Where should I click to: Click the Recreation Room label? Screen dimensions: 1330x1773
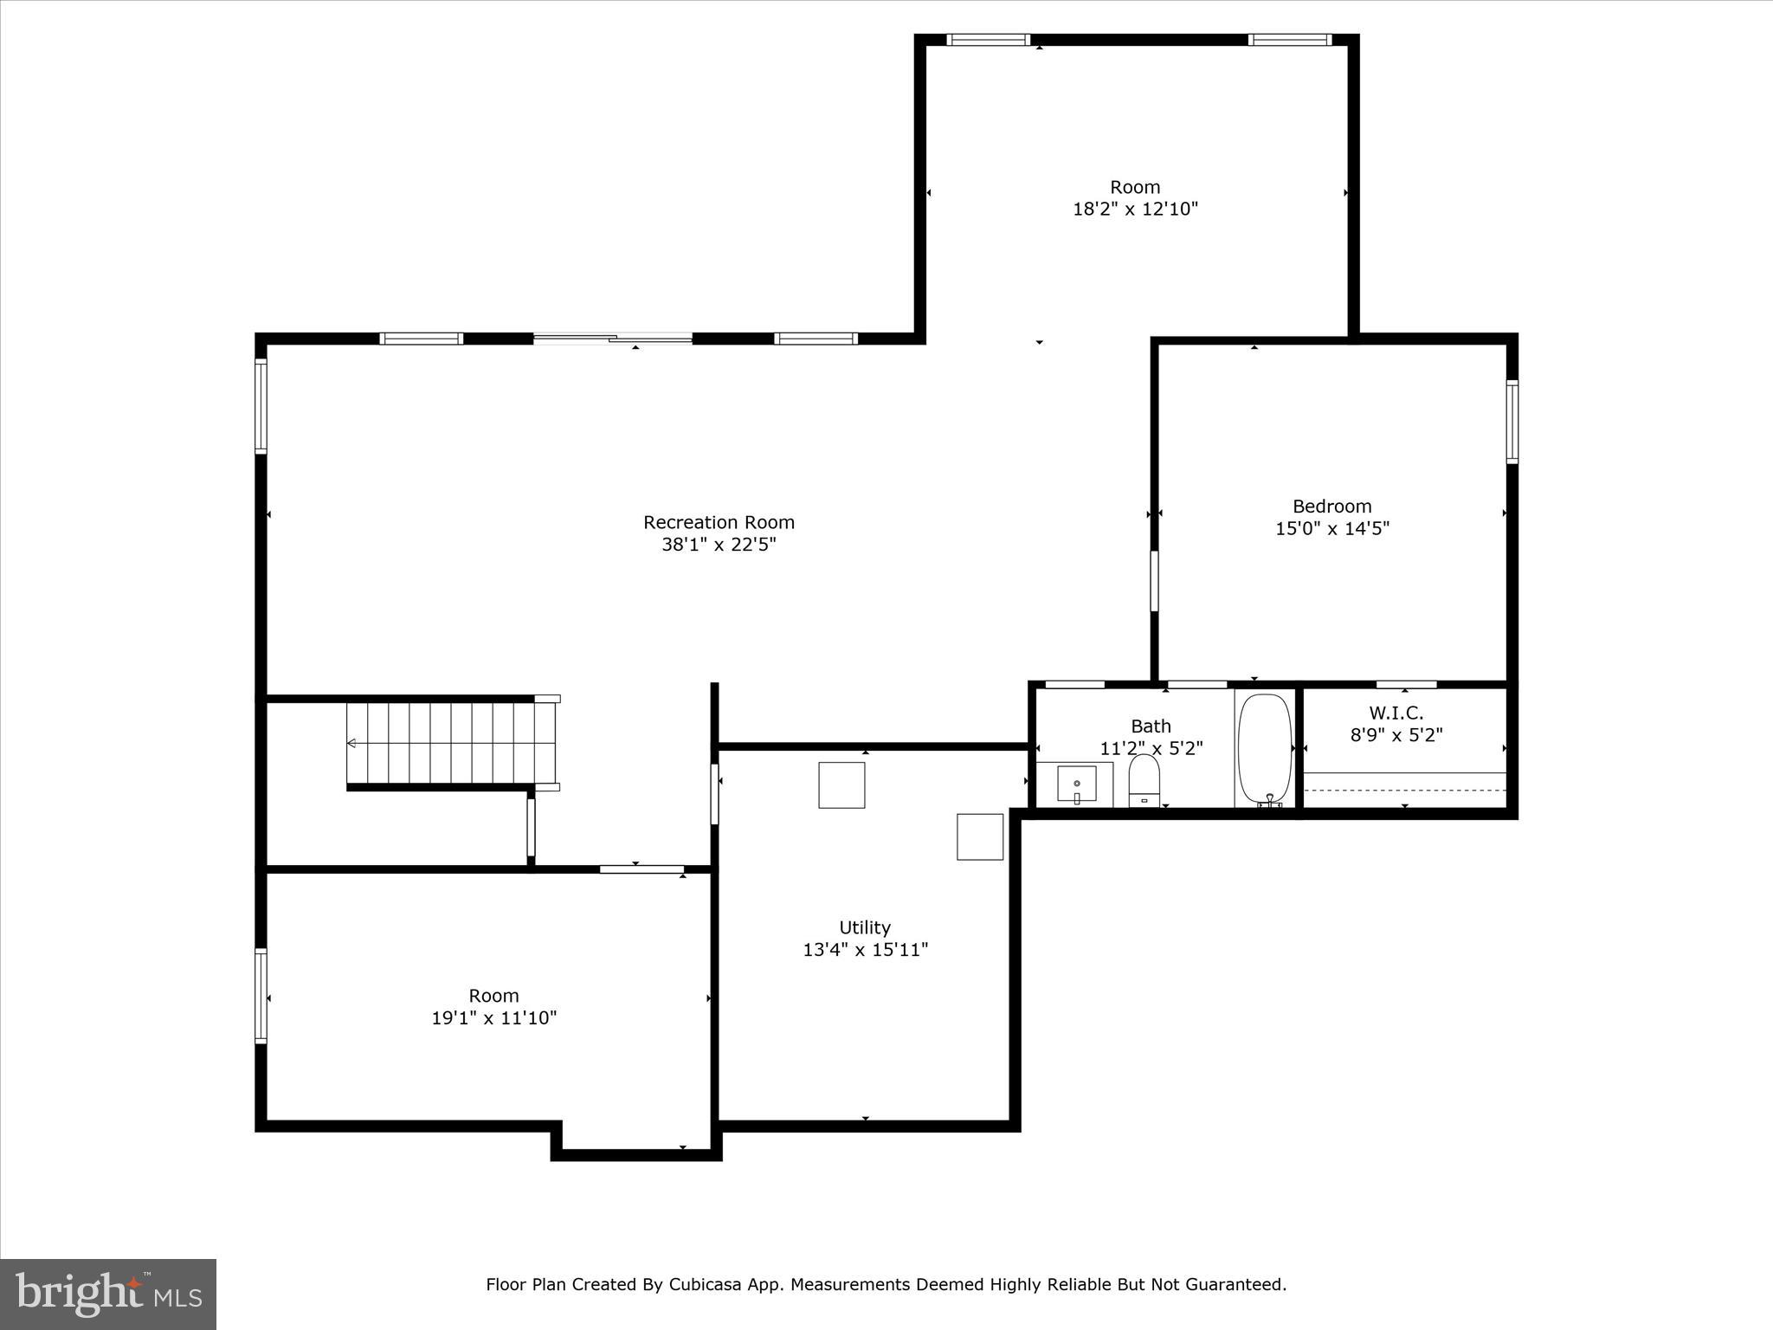coord(719,522)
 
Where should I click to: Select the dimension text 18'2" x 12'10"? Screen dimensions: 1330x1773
coord(1135,209)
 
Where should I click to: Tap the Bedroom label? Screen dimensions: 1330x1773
coord(1331,507)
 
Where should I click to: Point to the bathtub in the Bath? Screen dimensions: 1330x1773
coord(1265,750)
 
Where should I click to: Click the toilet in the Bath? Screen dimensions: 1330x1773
coord(1144,780)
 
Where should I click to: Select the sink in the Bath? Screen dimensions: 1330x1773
coord(1076,784)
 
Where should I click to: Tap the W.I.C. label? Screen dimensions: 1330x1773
coord(1396,713)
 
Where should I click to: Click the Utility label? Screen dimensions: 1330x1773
coord(864,927)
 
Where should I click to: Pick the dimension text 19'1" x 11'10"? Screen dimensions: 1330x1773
coord(493,1017)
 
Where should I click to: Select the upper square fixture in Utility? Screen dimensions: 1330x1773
coord(841,784)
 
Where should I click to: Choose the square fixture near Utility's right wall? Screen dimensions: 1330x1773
coord(979,836)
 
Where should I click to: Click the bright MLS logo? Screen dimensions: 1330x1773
coord(108,1294)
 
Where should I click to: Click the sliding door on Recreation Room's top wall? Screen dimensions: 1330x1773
coord(613,339)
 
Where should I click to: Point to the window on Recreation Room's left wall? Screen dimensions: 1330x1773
coord(261,406)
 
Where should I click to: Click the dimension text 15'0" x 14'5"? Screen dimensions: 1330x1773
coord(1331,528)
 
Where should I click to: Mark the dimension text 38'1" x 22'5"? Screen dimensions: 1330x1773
coord(719,545)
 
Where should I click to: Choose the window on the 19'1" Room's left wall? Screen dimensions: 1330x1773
coord(261,996)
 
